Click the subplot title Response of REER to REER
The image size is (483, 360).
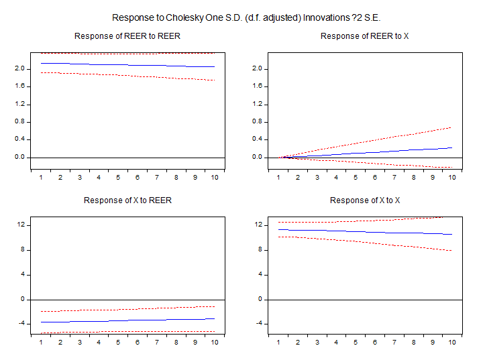pos(127,36)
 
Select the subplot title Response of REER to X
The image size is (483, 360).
pos(364,36)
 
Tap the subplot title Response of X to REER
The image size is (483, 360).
pos(127,200)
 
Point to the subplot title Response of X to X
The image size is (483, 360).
pos(364,200)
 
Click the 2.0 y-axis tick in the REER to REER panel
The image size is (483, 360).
pos(19,69)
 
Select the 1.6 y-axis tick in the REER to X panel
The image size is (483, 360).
pos(256,86)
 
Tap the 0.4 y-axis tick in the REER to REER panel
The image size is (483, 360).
pos(19,139)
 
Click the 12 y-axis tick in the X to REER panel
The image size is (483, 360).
pos(21,225)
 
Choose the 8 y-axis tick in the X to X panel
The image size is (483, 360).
pos(260,250)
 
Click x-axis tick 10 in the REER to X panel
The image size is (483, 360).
pos(451,178)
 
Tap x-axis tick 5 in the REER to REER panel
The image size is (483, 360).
pos(118,178)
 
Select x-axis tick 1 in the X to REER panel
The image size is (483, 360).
pos(41,343)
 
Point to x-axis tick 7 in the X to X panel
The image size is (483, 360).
pos(394,343)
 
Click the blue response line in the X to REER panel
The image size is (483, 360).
pos(127,320)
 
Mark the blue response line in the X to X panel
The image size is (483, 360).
pos(364,232)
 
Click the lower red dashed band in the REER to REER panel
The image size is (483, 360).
pos(127,75)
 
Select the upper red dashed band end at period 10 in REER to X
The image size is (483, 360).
pos(450,127)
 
